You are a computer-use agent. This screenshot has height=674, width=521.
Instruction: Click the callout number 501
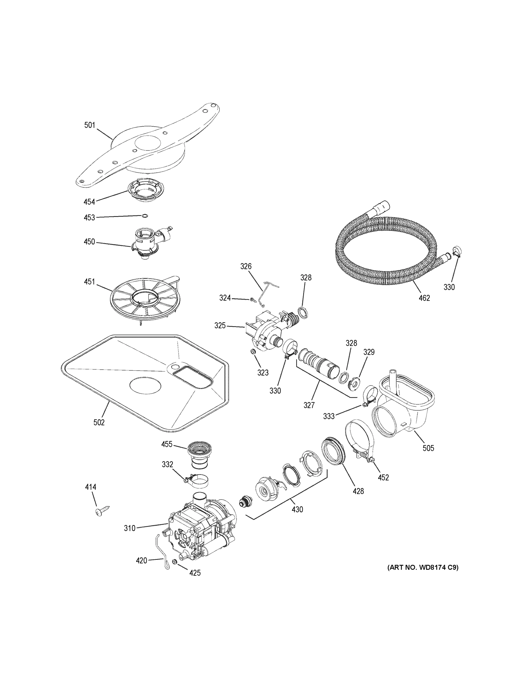[90, 125]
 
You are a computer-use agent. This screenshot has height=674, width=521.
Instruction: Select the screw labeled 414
[102, 511]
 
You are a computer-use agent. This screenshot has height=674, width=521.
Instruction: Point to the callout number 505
[428, 448]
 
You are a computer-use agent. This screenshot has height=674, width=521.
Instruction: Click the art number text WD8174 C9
[423, 567]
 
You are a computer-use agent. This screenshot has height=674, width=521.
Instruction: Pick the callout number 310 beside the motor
[130, 528]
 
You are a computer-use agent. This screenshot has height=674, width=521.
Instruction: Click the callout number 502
[99, 422]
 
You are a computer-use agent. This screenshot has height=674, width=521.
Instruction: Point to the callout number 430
[297, 509]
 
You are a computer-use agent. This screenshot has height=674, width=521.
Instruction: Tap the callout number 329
[368, 352]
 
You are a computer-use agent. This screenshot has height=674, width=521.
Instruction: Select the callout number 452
[383, 477]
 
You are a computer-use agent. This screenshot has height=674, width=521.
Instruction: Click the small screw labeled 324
[253, 299]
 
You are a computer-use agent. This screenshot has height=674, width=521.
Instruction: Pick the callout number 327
[309, 405]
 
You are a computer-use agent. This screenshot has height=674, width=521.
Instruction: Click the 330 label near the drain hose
[449, 287]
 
